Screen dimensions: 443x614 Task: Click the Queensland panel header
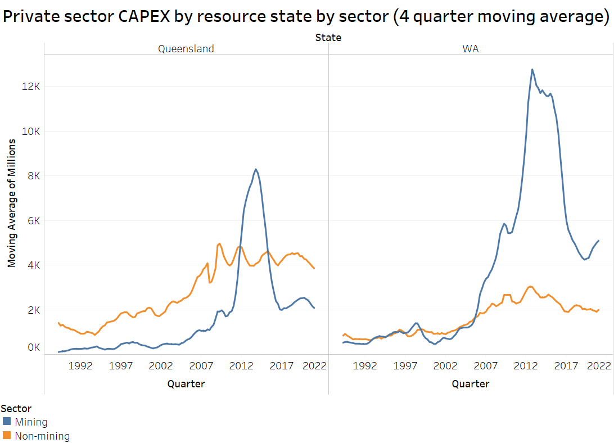click(x=186, y=49)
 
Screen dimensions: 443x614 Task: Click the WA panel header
click(x=471, y=49)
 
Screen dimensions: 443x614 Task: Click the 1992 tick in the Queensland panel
click(x=80, y=365)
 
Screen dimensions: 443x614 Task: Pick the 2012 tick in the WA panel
click(x=526, y=365)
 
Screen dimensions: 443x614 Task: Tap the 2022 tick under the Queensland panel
click(x=314, y=365)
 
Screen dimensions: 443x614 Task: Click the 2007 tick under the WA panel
click(x=486, y=365)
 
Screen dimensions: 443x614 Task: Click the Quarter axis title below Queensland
click(x=186, y=384)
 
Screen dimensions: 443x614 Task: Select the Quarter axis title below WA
click(x=471, y=384)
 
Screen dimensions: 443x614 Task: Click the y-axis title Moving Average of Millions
click(x=11, y=202)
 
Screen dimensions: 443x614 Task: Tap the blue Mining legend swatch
click(x=7, y=422)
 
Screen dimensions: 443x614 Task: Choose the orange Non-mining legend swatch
click(x=7, y=436)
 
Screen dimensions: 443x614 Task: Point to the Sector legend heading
click(x=16, y=409)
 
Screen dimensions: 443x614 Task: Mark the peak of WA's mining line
click(x=532, y=70)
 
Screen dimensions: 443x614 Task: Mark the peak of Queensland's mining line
click(x=256, y=169)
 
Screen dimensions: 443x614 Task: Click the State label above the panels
click(x=328, y=38)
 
